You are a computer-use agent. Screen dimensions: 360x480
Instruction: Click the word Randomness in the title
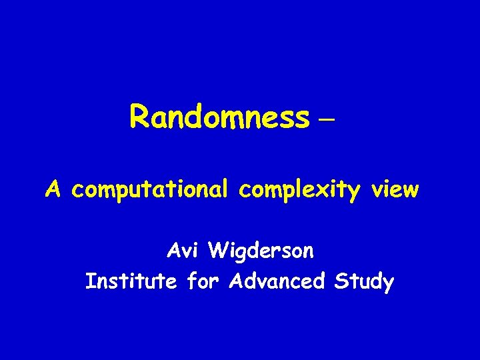(x=220, y=117)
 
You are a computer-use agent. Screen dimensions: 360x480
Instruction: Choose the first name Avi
(x=183, y=251)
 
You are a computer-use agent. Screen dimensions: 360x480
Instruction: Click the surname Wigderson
(x=261, y=253)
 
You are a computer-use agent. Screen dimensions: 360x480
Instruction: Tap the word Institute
(x=131, y=282)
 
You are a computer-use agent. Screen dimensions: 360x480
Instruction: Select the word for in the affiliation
(x=203, y=281)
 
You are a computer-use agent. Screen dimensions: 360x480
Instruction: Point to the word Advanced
(x=276, y=281)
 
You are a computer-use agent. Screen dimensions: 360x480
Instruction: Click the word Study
(x=363, y=283)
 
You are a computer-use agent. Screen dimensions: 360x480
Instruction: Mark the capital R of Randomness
(x=140, y=117)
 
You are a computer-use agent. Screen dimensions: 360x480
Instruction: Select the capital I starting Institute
(x=89, y=281)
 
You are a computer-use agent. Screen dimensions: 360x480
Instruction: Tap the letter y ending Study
(x=388, y=285)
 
